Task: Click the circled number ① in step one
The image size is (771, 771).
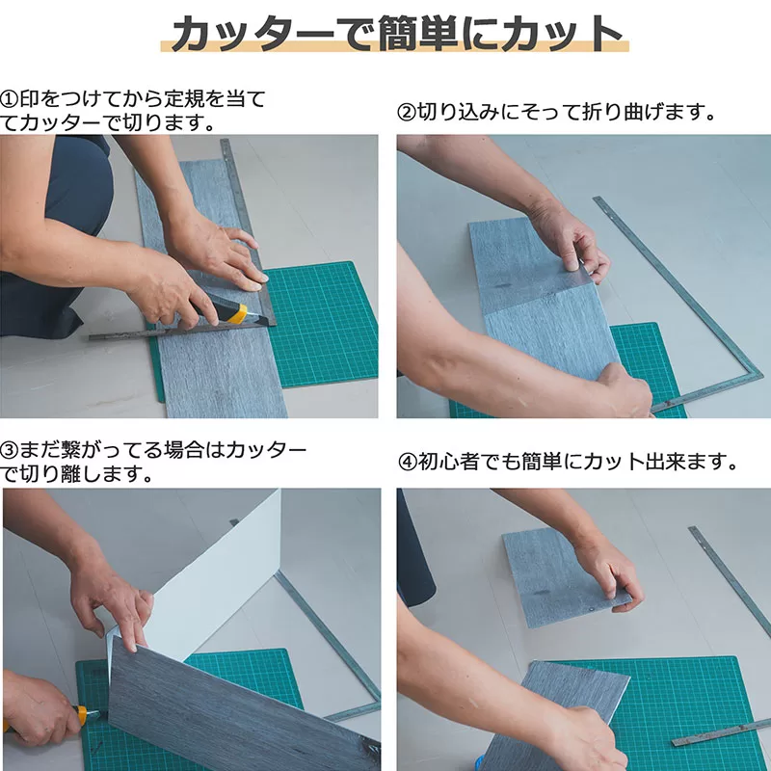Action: tap(10, 100)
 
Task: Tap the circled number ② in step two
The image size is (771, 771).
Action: tap(407, 113)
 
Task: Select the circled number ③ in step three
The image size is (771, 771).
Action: tap(10, 450)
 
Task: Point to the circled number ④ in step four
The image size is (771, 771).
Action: tap(407, 463)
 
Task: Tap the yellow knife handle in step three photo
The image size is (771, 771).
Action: tap(79, 715)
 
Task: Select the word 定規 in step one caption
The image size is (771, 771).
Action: tap(184, 100)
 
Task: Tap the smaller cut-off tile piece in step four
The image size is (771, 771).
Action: tap(566, 576)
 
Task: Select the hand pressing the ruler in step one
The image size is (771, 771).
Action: tap(216, 255)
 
